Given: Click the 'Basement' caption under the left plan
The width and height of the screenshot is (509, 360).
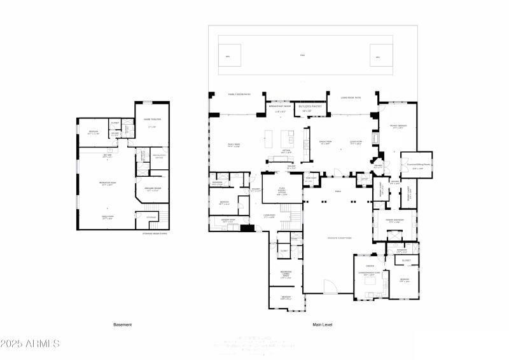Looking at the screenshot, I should (123, 324).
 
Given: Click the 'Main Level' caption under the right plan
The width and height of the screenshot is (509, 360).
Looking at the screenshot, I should (322, 324).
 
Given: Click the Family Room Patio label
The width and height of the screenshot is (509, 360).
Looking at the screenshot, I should (239, 94).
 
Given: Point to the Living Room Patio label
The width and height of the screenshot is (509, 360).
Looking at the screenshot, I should (351, 97).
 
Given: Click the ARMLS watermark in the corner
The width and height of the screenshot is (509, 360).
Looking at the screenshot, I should (30, 343).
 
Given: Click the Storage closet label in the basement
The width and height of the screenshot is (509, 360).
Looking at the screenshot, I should (151, 218).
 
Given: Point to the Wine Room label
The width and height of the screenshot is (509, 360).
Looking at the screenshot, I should (311, 178).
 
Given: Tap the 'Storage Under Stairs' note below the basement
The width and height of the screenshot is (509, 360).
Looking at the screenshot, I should (155, 233).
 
